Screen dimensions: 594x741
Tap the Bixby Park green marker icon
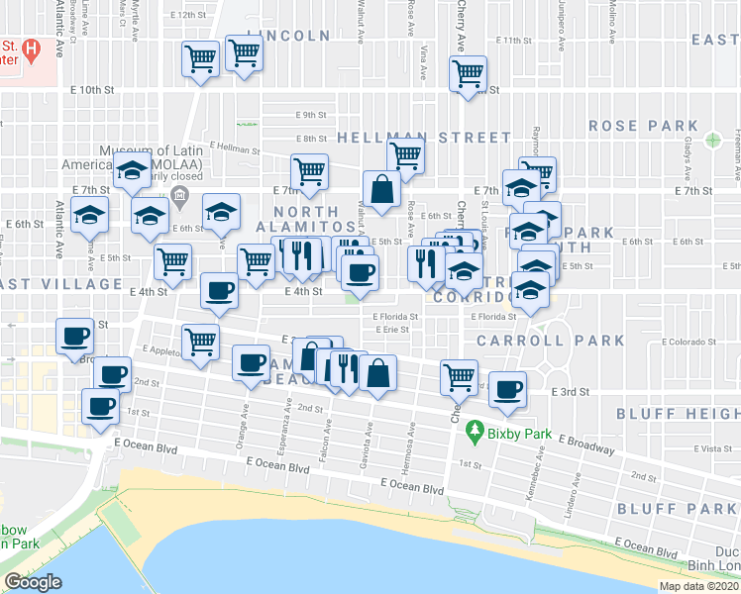pos(475,432)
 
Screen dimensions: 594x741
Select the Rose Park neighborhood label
pos(643,126)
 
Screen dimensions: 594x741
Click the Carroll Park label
pos(550,341)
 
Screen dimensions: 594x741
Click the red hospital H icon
pos(32,47)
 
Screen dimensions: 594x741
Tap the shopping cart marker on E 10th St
pos(468,72)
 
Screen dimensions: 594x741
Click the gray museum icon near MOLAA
pos(179,192)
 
